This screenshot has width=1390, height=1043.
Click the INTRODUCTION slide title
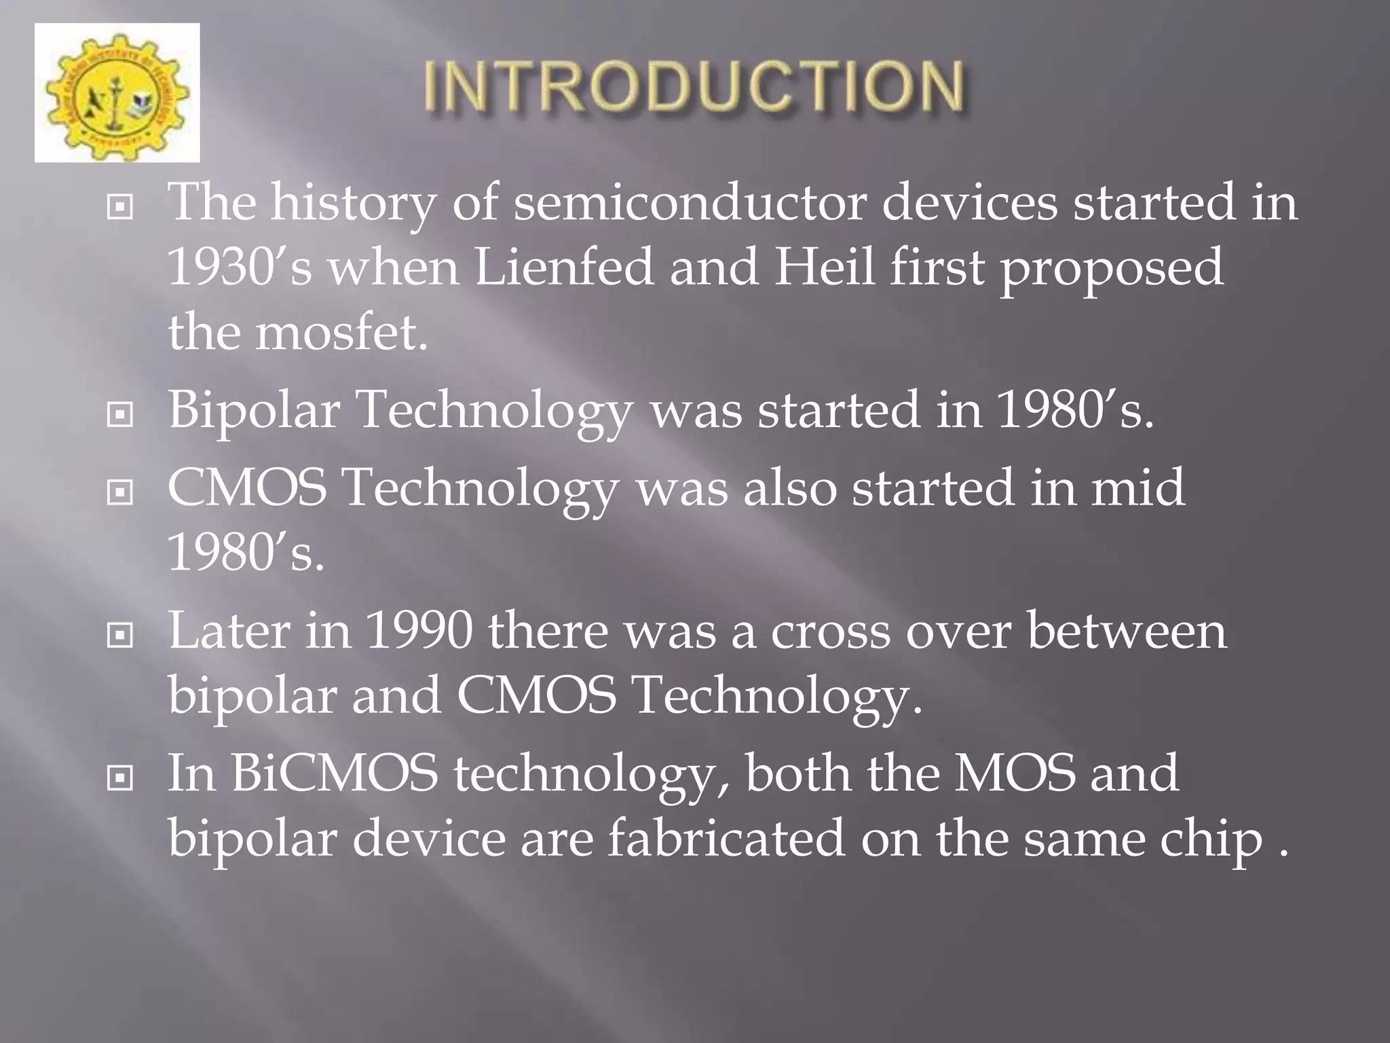click(694, 87)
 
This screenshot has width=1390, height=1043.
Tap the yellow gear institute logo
click(117, 93)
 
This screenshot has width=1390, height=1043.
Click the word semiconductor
click(690, 202)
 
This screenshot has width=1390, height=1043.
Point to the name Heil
click(824, 267)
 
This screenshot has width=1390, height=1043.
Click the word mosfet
click(341, 332)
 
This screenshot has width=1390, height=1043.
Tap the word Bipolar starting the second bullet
click(253, 410)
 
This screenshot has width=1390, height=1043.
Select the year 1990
click(418, 631)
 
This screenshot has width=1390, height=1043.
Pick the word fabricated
click(726, 838)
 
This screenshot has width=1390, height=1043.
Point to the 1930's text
click(240, 267)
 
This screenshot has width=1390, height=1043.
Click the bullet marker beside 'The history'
click(120, 208)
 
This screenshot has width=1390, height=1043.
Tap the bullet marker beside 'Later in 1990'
click(120, 636)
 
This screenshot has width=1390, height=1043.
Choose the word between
click(1127, 631)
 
